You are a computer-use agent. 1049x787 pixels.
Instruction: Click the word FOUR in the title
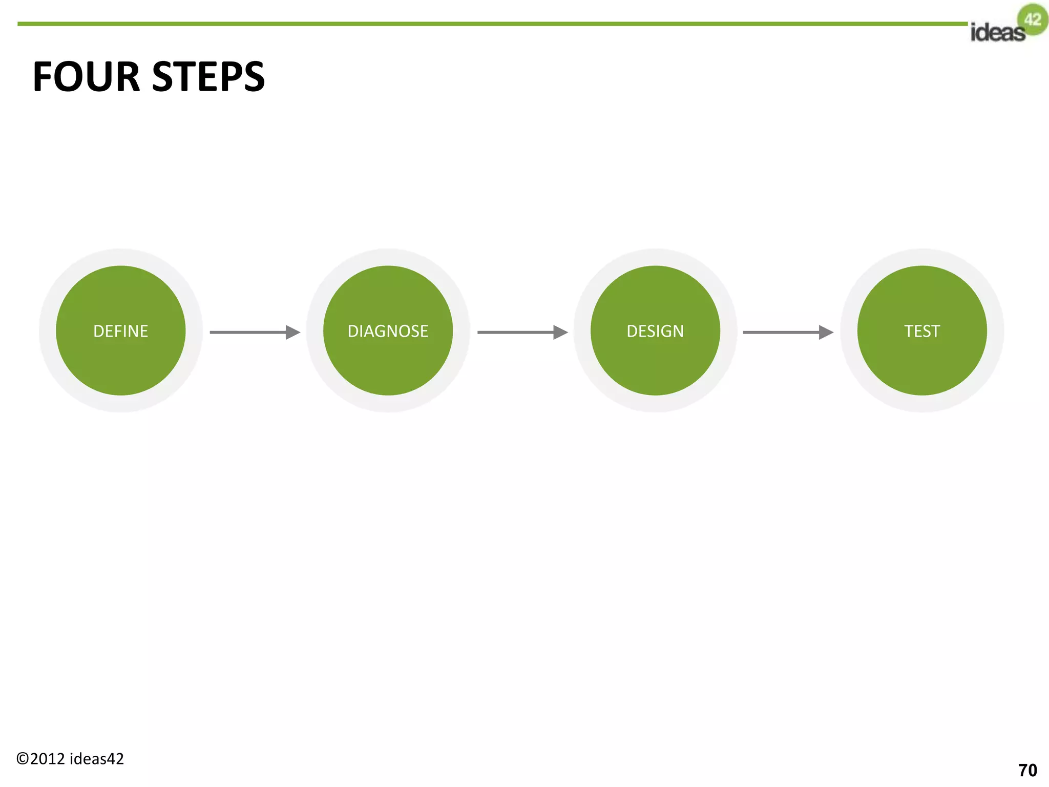tap(86, 77)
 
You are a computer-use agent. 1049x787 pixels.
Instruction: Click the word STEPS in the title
tap(208, 77)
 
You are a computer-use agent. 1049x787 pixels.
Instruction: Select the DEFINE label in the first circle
tap(121, 332)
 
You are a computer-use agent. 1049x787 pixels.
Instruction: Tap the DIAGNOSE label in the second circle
tap(388, 332)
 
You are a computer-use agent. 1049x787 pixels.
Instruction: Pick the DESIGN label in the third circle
tap(655, 332)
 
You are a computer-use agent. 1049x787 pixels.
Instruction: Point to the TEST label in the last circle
tap(922, 332)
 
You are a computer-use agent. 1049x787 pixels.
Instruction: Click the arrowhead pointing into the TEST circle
tap(826, 333)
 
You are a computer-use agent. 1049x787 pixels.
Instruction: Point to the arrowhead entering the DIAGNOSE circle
tap(292, 333)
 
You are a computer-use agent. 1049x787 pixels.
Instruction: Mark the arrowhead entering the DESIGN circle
tap(560, 333)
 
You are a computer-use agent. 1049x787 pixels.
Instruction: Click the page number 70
tap(1027, 771)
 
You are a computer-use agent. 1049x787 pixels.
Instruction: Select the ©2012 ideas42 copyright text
tap(70, 759)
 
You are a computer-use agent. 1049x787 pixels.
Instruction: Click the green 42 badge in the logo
tap(1033, 19)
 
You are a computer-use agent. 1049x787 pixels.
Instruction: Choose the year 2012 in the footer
tap(48, 759)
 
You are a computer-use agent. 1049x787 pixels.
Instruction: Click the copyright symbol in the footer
tap(23, 759)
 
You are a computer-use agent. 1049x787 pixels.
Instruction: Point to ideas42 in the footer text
tap(97, 759)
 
